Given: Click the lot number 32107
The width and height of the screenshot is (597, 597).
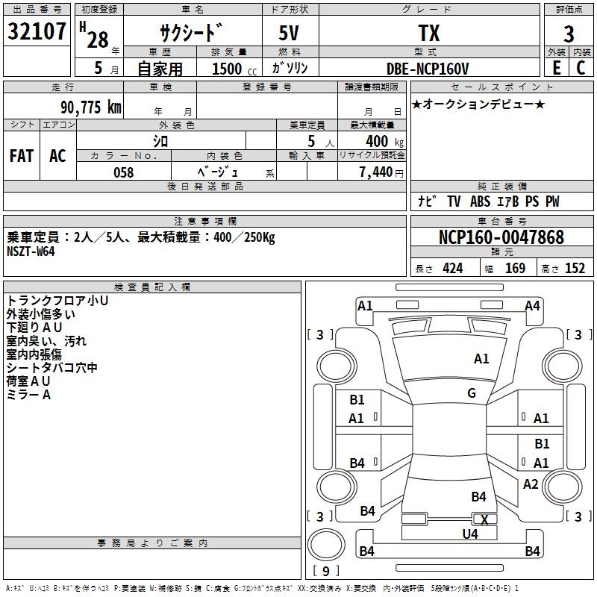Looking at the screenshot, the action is coord(37,31).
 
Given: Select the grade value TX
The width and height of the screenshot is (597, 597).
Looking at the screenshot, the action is coord(429,33).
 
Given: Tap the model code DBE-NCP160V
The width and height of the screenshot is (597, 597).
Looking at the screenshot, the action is coord(427,69).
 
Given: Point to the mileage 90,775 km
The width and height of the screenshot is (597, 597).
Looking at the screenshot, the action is coord(90,107).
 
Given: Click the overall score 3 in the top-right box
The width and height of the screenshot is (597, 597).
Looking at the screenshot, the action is coord(569,34).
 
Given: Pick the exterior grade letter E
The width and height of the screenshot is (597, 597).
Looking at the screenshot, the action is coord(556,68).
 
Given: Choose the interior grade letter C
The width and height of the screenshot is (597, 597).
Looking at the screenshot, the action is coord(581,68).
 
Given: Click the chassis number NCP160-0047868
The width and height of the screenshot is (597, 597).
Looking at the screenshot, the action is coord(501,237).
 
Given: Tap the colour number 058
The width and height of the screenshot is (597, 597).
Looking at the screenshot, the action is coord(123,172).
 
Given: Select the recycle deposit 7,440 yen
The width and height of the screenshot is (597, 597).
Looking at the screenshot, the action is coord(381,172).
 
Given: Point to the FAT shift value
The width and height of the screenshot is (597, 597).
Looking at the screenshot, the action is coord(22,156).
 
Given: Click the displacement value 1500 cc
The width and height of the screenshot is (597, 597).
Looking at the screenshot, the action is coord(234,69).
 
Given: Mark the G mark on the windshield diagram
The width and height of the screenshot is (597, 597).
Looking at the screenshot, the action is coord(472,393).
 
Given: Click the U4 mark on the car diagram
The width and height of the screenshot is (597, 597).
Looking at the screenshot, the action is coord(470,534).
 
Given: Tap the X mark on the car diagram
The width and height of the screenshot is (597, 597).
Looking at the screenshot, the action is coord(484,519).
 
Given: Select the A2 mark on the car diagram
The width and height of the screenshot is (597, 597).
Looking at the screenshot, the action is coord(531,484).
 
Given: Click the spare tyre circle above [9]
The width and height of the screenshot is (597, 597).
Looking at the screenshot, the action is coord(326,545).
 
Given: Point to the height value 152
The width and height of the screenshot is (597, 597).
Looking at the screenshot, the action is coord(575,268).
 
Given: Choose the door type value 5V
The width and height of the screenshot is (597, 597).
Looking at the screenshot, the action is coord(289,33).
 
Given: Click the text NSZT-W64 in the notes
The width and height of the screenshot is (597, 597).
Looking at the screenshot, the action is coord(31,251).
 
